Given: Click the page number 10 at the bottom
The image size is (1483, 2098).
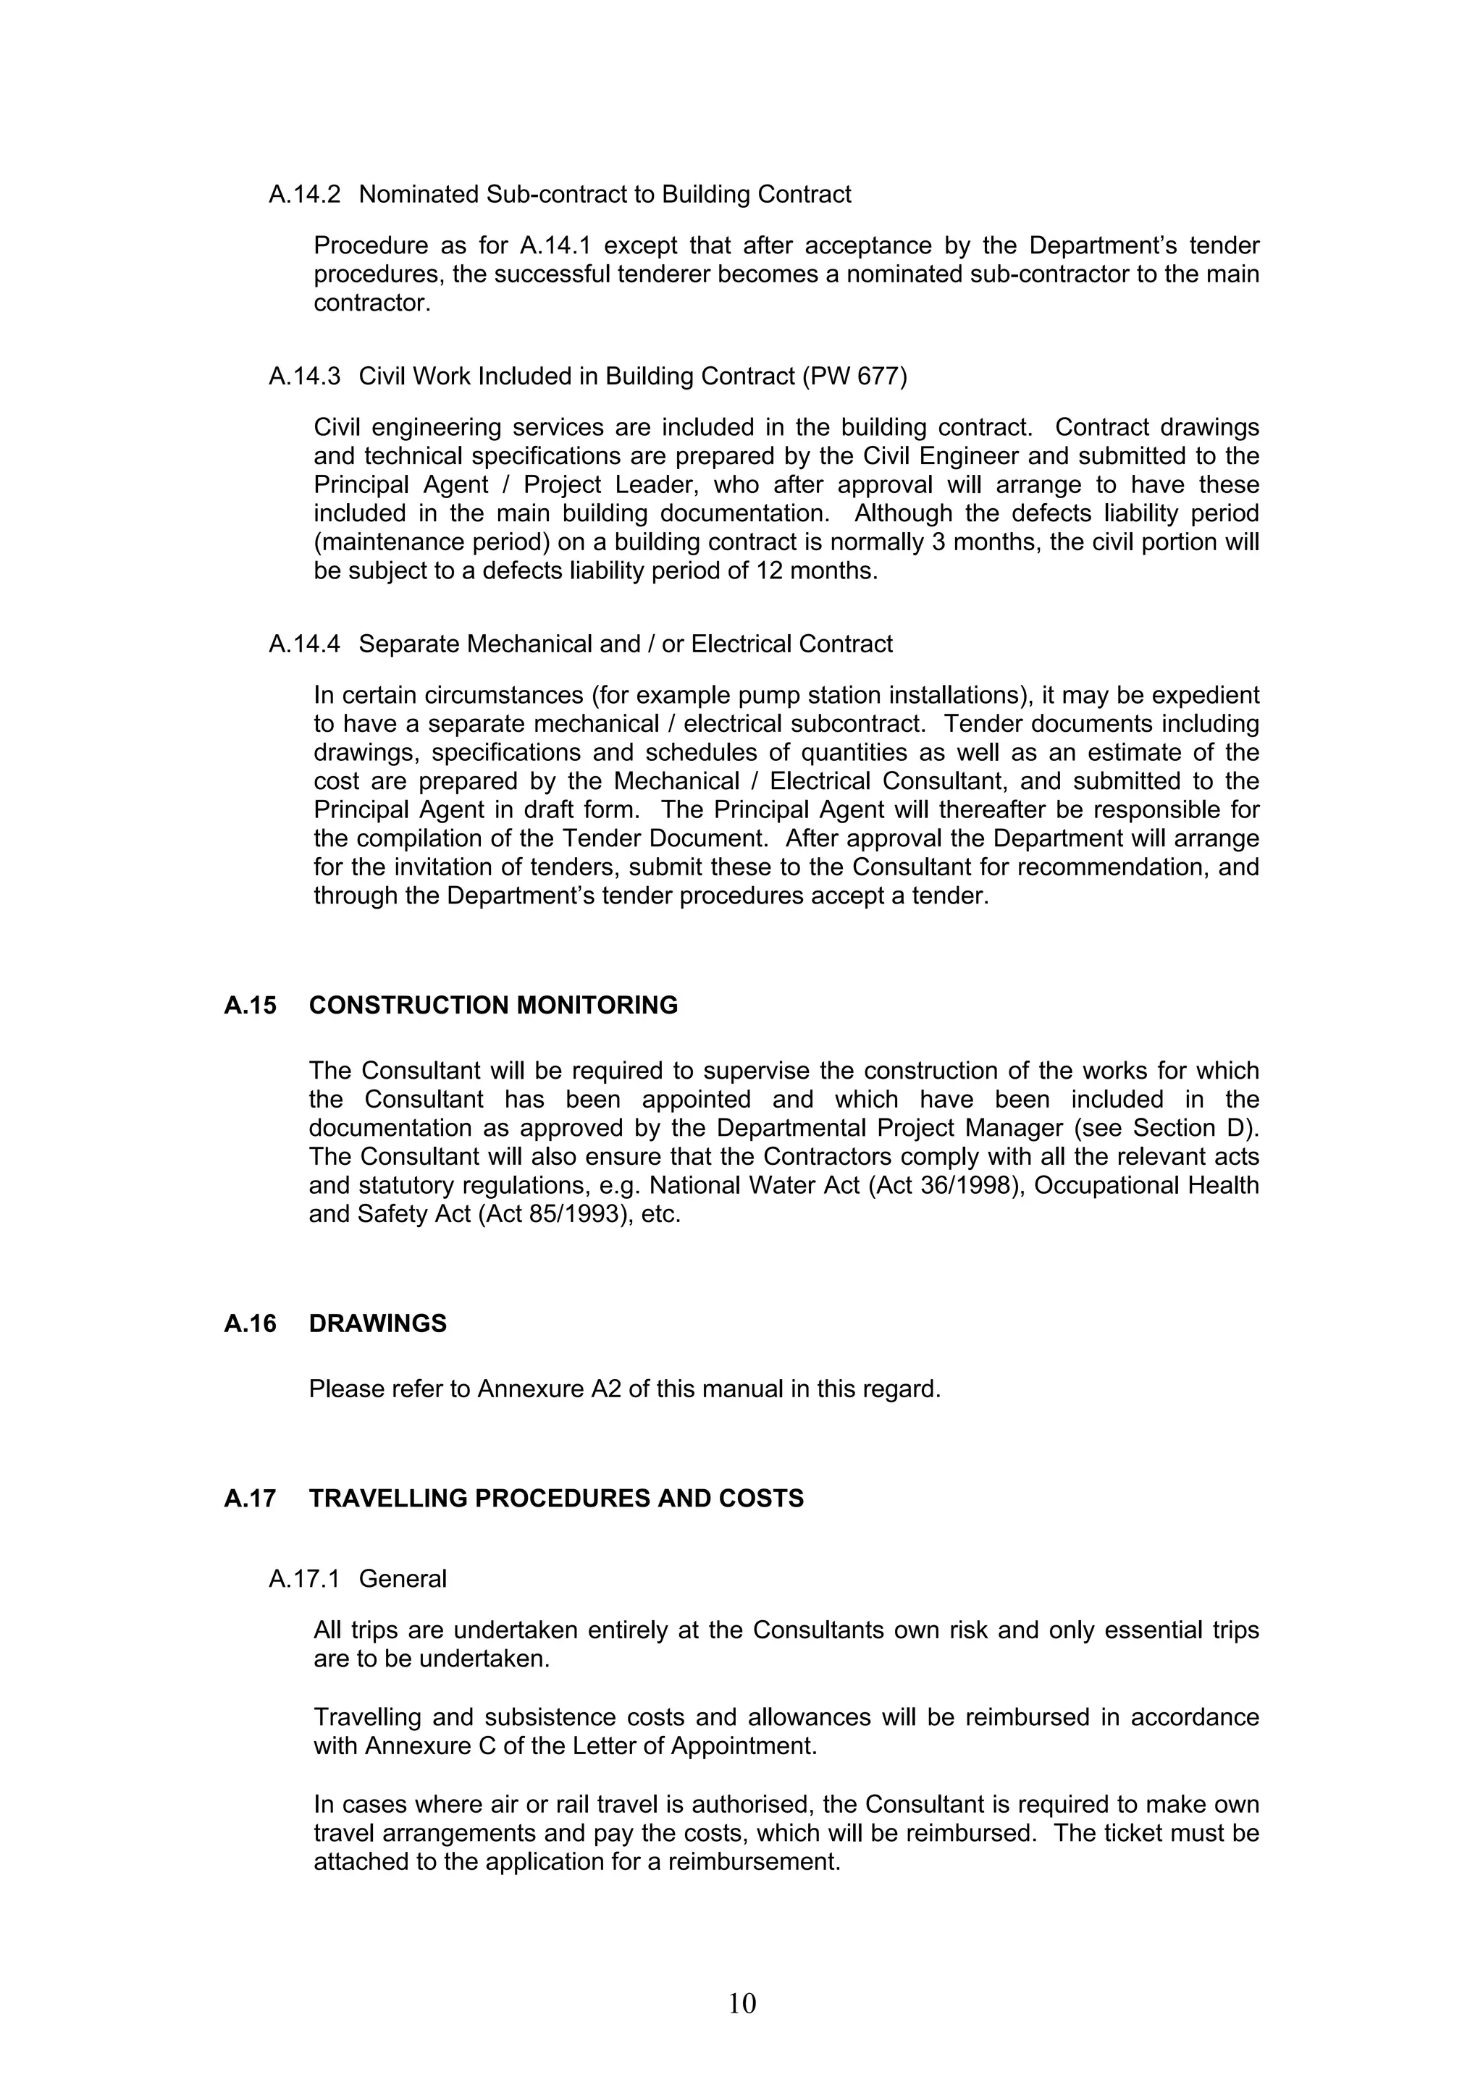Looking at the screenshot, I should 742,2003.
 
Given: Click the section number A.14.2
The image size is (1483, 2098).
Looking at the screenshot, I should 304,195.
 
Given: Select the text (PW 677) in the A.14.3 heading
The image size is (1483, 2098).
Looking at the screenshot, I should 854,376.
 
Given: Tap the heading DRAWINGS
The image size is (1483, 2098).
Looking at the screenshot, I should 377,1323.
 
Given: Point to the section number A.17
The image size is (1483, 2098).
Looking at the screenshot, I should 249,1499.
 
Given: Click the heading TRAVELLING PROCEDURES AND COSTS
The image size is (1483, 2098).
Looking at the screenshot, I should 555,1499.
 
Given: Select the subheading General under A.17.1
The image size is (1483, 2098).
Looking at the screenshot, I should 402,1579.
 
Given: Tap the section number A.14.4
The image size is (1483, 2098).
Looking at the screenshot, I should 304,644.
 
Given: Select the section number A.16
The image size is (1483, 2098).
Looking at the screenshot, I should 249,1323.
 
